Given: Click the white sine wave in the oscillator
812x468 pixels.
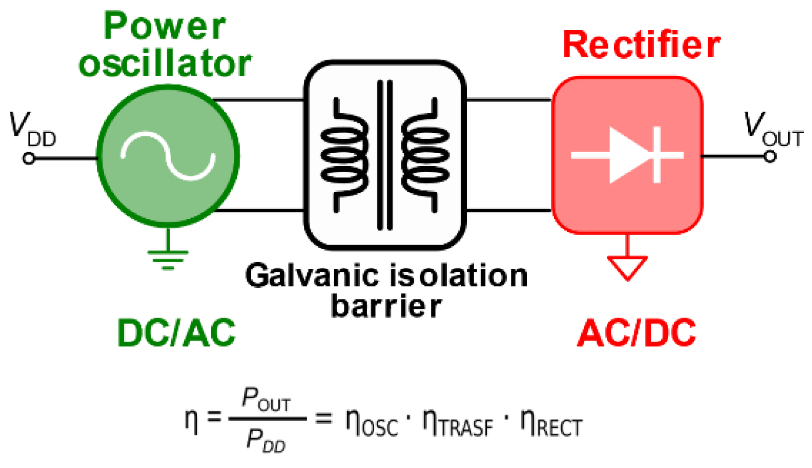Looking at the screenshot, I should pos(168,156).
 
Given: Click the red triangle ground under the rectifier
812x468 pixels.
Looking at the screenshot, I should pos(627,266).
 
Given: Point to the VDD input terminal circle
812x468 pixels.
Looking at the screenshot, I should pos(29,159).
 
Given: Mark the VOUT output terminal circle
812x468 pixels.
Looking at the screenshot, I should pos(770,156).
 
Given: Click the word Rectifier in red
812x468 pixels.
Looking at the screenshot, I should pos(641,45).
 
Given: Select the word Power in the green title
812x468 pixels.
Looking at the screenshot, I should pos(164,26).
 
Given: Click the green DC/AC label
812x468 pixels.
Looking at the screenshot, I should pos(176,333).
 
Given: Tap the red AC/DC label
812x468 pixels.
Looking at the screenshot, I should pos(636,333).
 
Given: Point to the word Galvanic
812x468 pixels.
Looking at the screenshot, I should pos(312,276).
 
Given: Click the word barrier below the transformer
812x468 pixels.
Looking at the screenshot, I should pos(386,306).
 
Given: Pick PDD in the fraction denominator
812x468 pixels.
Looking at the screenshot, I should pos(265,441).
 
